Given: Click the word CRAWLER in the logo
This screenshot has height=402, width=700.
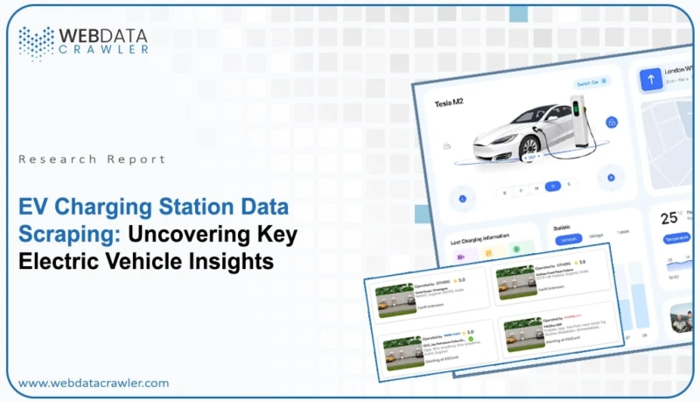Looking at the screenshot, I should click(x=104, y=50).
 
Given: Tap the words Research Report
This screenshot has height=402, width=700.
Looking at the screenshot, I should click(x=92, y=159).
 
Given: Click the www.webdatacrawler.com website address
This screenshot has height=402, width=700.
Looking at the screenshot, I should click(x=94, y=383).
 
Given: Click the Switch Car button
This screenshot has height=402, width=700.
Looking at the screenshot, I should click(x=591, y=82).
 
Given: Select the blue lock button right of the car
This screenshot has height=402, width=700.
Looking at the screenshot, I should click(x=612, y=121).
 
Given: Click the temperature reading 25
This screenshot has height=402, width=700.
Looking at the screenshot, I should click(x=669, y=218).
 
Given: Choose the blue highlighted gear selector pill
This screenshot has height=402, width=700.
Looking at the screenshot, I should click(x=552, y=186).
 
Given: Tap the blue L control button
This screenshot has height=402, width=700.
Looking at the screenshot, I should click(x=462, y=198).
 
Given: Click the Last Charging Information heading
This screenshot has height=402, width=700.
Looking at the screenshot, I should click(x=479, y=237).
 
